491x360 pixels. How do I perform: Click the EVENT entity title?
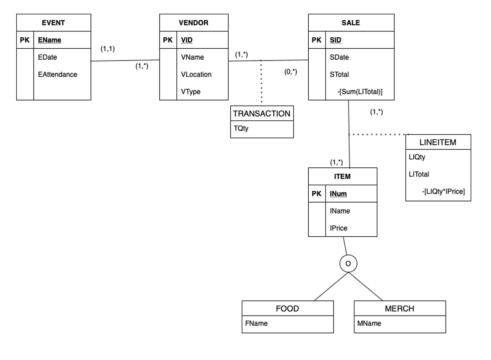tap(53, 23)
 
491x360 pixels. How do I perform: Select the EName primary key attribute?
tap(49, 40)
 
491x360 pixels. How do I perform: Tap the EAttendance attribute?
tap(57, 74)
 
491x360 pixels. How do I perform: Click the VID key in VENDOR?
tap(187, 40)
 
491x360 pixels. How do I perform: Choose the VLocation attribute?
tap(196, 74)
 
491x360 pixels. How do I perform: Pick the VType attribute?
tap(190, 92)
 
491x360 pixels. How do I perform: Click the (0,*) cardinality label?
tap(291, 72)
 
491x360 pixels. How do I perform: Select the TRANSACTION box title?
tap(261, 114)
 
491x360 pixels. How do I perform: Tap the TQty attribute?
tap(241, 128)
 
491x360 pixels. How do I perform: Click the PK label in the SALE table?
tap(316, 40)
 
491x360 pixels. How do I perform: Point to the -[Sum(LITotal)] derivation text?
tap(360, 92)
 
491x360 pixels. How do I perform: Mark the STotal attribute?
tap(339, 74)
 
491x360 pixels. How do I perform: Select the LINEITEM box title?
tap(438, 142)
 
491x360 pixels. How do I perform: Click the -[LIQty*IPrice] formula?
tap(443, 192)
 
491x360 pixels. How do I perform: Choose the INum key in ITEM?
tap(338, 194)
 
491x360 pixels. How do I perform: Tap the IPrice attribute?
tap(338, 228)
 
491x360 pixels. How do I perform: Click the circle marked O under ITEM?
tap(348, 264)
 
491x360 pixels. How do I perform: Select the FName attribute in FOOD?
tap(256, 323)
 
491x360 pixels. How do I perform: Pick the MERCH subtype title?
tap(399, 308)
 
